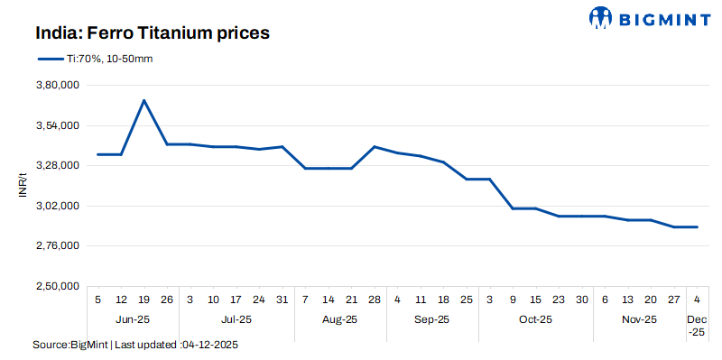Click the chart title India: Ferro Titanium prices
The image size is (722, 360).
[153, 33]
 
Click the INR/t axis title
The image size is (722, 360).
[24, 186]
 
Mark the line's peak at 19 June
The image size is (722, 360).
[144, 100]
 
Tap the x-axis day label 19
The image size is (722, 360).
[144, 300]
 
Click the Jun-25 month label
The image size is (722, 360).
[133, 318]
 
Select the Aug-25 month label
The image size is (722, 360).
[340, 318]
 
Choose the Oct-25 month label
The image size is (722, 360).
[535, 318]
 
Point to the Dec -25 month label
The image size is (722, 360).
[697, 325]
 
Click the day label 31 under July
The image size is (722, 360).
[282, 300]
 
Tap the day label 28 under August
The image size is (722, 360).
[374, 300]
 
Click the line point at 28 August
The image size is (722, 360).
[374, 146]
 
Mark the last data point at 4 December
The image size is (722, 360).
[697, 226]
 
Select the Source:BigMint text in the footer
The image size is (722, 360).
[70, 346]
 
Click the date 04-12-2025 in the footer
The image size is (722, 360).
[211, 346]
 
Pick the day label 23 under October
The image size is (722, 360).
[559, 300]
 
